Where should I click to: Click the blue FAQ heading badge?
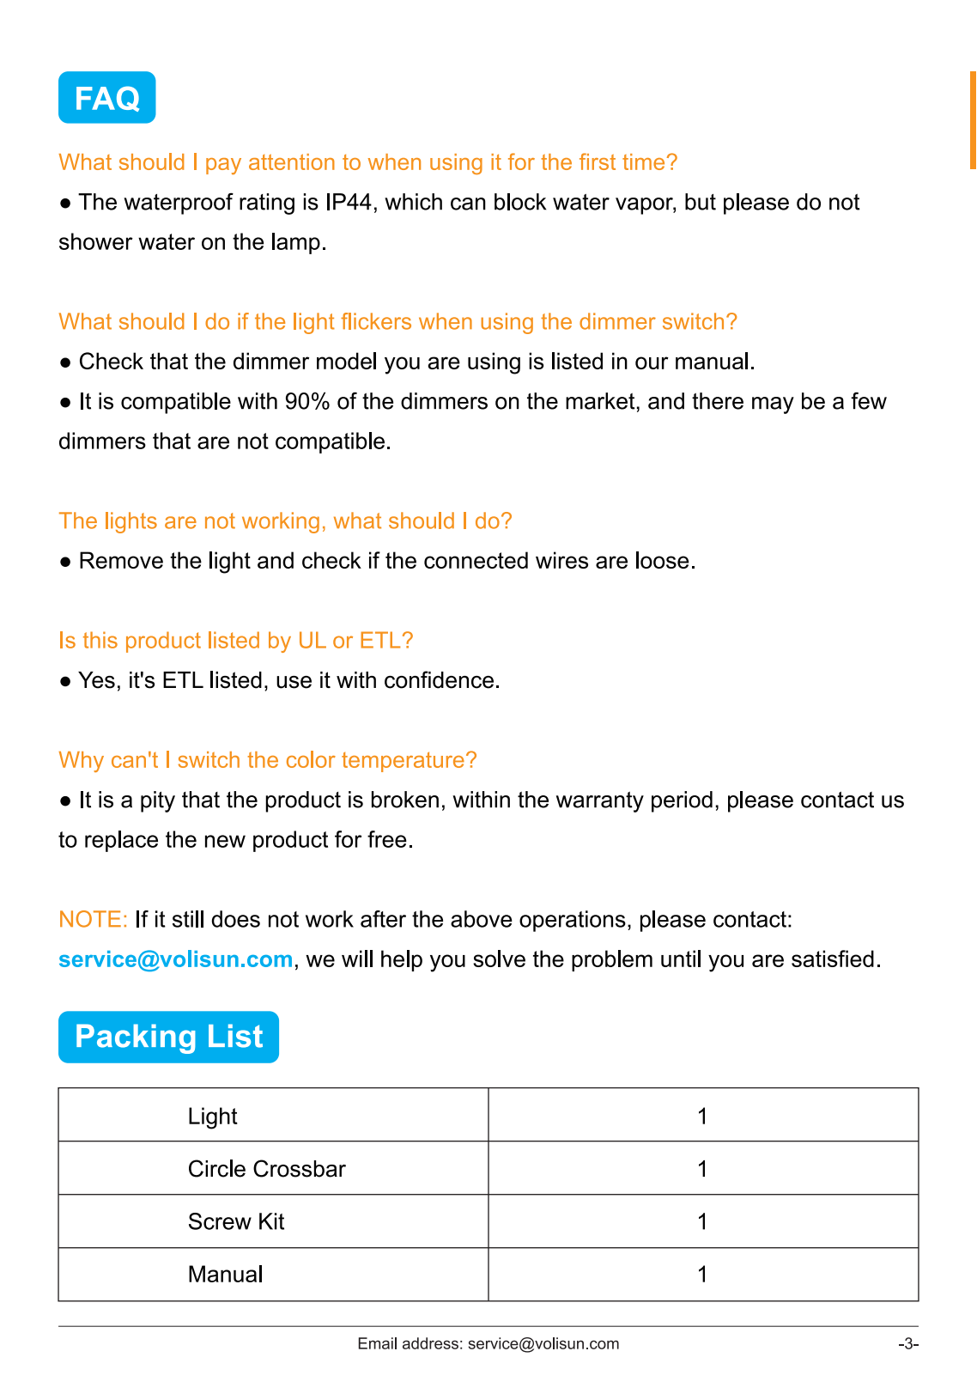click(x=106, y=98)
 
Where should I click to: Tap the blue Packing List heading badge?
click(x=168, y=1037)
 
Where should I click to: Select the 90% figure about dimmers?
click(x=307, y=402)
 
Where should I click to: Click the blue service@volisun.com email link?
click(x=176, y=959)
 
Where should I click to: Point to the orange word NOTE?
click(x=93, y=920)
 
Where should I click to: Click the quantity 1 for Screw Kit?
click(x=702, y=1222)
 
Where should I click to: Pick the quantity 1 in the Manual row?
click(x=702, y=1275)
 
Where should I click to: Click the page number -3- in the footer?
click(x=908, y=1344)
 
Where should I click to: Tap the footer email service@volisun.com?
click(x=543, y=1344)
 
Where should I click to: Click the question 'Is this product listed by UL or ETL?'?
click(x=236, y=641)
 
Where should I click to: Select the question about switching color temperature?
click(x=268, y=760)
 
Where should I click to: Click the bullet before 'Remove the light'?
click(x=65, y=562)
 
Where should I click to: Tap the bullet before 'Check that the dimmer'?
click(x=65, y=362)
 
